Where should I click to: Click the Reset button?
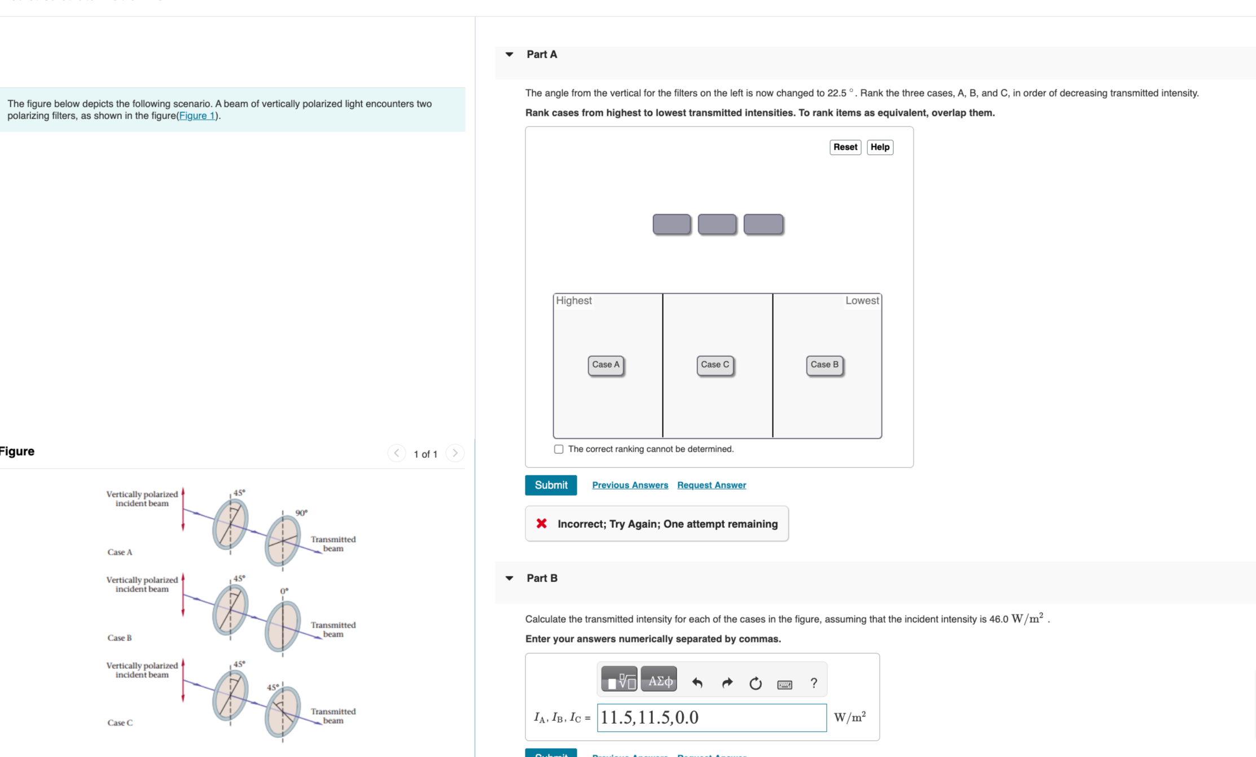[845, 147]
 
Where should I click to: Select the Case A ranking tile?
[605, 365]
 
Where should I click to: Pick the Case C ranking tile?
[714, 365]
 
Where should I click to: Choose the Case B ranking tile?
[824, 365]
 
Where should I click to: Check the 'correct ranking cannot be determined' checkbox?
[559, 449]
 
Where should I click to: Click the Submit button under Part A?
[550, 485]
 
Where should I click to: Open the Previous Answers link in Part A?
[630, 485]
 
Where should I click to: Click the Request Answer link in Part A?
[711, 485]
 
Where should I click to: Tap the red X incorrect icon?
[541, 523]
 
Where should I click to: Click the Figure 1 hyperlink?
[196, 116]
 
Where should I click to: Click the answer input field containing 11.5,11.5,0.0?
[711, 717]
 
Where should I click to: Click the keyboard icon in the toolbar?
[784, 684]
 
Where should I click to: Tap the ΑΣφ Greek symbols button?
[658, 681]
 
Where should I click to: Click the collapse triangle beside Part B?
[510, 578]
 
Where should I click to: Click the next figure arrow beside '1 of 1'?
[455, 453]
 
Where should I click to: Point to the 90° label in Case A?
[301, 513]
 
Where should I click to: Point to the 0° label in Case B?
[284, 591]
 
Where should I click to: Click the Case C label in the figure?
[120, 723]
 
